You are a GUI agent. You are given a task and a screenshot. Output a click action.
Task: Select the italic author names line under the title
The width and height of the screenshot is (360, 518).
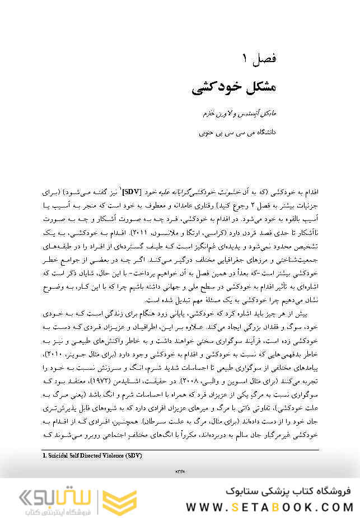(237, 114)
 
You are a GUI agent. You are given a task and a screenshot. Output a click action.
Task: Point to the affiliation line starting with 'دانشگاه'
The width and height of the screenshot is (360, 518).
(238, 134)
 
